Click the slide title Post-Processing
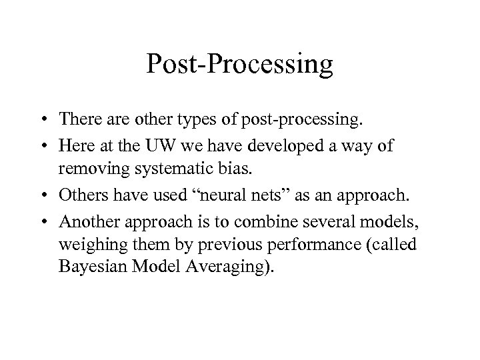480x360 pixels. pyautogui.click(x=240, y=65)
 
